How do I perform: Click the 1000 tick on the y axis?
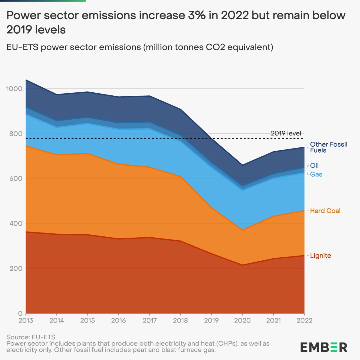pos(14,89)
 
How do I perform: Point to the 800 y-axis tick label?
pos(16,134)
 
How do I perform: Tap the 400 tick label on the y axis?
pos(16,223)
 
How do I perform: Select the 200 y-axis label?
pos(16,268)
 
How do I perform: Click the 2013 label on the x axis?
pos(26,320)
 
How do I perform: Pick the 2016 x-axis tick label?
pos(118,320)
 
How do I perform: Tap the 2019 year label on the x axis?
pos(211,320)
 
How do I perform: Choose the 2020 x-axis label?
pos(242,320)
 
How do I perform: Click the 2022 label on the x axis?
pos(304,320)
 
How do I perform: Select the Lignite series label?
pos(320,256)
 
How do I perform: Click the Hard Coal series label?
pos(325,211)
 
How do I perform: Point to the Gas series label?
pos(316,174)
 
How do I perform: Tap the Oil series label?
pos(314,165)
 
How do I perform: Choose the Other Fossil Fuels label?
pos(328,147)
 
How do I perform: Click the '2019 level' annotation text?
pos(286,133)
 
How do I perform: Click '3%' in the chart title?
pos(196,15)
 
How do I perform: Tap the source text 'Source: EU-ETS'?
pos(31,337)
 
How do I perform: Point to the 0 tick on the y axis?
pos(20,313)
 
